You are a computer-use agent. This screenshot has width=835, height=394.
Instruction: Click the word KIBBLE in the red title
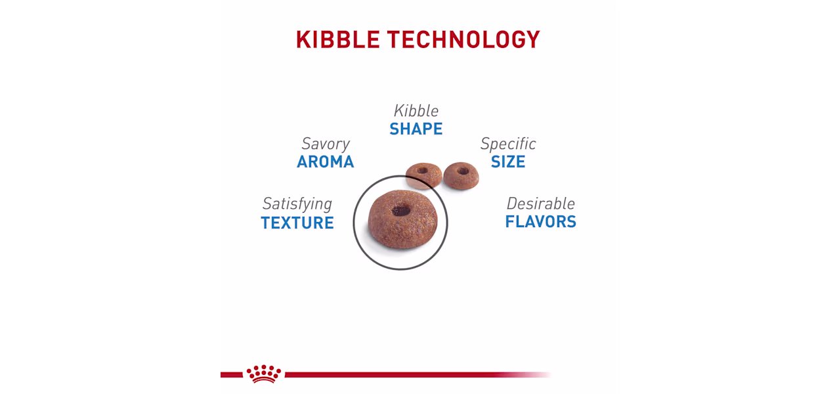click(337, 39)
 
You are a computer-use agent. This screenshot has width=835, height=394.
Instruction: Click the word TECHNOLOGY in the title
click(463, 39)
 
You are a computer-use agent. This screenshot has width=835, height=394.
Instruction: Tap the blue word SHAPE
click(416, 129)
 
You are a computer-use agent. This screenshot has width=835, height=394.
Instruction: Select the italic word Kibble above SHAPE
click(416, 111)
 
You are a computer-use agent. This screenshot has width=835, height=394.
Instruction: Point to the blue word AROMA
click(326, 162)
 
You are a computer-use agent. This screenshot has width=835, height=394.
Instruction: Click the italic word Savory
click(326, 144)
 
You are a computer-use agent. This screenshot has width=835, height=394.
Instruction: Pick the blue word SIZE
click(508, 162)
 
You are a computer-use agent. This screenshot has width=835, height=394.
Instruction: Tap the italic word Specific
click(508, 144)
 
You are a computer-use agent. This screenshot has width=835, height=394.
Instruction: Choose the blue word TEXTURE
click(297, 223)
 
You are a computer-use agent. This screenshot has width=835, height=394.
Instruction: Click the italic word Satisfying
click(297, 204)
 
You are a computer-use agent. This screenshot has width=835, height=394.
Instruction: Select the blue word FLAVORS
click(540, 222)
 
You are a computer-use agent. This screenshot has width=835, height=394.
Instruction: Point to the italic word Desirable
click(540, 204)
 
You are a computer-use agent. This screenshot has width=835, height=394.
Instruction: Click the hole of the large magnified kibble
click(401, 211)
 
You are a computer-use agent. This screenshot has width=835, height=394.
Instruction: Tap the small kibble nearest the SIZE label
click(461, 175)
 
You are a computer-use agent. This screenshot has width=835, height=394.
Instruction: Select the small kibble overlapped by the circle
click(424, 175)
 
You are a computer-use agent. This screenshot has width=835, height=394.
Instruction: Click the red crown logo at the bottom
click(263, 374)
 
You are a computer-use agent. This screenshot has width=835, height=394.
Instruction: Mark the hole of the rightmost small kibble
click(463, 171)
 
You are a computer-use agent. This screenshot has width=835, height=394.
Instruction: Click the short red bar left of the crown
click(232, 374)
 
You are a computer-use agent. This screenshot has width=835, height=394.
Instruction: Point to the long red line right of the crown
click(418, 374)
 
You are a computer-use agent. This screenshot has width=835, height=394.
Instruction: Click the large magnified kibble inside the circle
click(402, 219)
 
